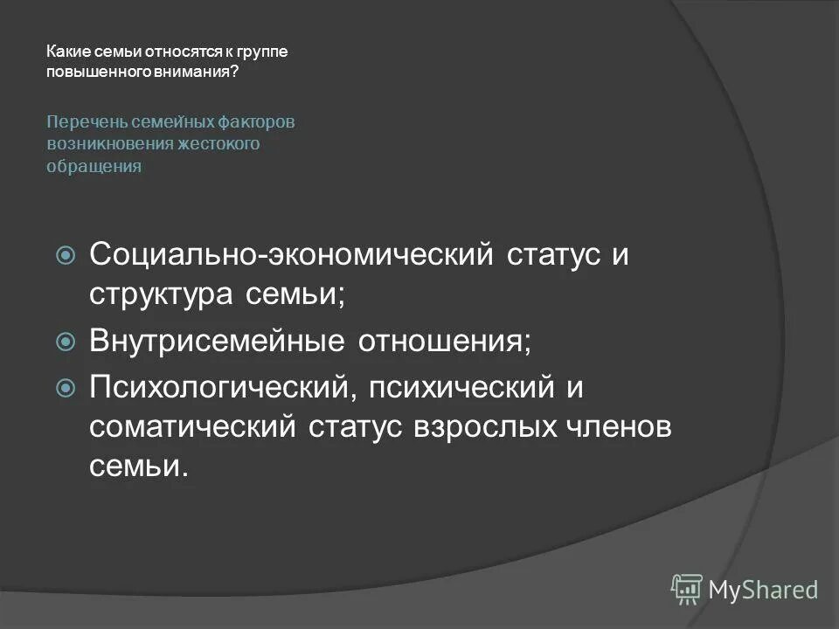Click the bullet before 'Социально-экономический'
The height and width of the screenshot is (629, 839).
[66, 256]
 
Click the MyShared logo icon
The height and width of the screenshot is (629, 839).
[687, 589]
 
